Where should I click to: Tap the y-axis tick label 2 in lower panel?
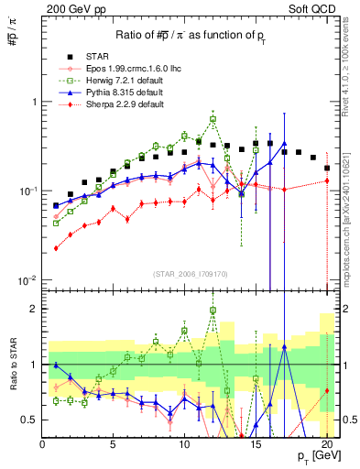[x=33, y=309]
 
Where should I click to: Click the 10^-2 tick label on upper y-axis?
[x=27, y=279]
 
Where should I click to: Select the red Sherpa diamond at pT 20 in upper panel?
[x=327, y=180]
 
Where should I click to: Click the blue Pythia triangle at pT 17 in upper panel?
[x=285, y=144]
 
